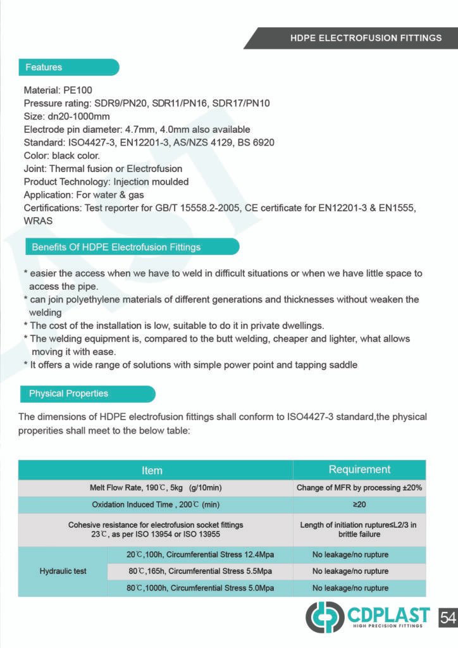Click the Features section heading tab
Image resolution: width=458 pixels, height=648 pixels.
(44, 67)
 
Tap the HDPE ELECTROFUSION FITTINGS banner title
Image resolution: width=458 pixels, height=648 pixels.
(366, 38)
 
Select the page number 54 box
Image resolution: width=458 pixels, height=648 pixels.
(447, 616)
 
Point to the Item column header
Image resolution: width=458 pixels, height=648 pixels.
(152, 470)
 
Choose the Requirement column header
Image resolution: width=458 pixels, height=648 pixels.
(359, 470)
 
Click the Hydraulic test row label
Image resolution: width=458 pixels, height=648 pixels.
(63, 571)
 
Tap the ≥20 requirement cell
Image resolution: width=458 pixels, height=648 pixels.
(359, 505)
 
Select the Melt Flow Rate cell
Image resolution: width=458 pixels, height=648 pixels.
(156, 488)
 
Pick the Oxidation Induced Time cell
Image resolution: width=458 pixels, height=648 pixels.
(156, 505)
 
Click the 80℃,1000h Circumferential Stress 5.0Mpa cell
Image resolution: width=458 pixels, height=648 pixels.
(200, 588)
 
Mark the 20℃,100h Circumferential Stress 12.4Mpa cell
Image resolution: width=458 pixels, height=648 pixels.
(200, 555)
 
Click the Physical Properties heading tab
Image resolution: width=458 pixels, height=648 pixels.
(68, 394)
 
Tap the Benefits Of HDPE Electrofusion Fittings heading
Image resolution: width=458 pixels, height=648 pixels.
(116, 247)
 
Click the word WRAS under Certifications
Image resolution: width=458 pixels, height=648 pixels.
(38, 221)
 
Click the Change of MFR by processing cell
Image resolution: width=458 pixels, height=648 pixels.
(359, 488)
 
